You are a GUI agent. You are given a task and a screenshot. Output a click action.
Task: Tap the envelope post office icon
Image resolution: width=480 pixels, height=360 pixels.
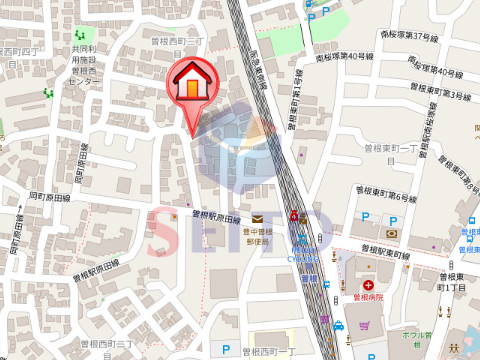(x=257, y=219)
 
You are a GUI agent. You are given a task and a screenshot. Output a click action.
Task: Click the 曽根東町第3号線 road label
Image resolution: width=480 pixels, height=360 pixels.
(x=442, y=96)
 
